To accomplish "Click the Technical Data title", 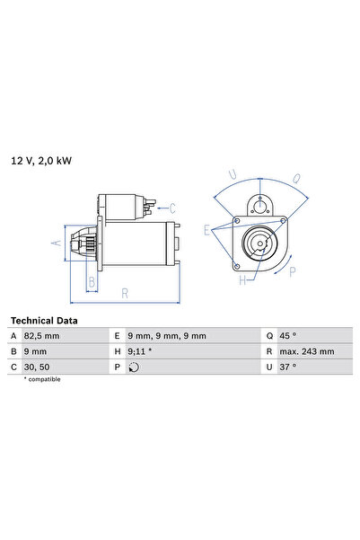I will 44,320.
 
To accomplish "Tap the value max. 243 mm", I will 306,351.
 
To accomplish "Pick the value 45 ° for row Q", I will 289,336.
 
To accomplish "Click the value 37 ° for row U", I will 289,367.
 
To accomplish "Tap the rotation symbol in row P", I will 135,367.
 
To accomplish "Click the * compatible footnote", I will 44,381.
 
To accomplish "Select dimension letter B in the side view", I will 91,281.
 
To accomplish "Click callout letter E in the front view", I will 206,230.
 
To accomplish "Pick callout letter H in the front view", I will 241,281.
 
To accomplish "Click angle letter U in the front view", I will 233,173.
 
